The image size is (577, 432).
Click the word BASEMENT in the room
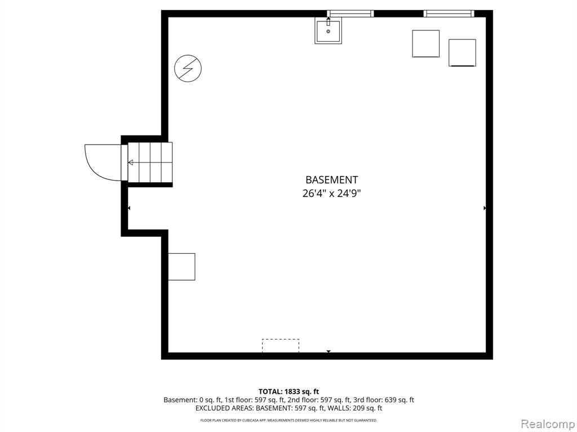click(x=331, y=179)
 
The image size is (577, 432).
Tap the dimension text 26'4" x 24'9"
click(x=331, y=193)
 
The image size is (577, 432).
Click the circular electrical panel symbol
click(x=188, y=68)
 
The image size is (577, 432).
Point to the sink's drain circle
click(x=329, y=31)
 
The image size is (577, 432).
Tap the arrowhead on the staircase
click(x=131, y=163)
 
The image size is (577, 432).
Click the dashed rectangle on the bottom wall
click(x=281, y=346)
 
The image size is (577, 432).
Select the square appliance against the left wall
click(x=182, y=267)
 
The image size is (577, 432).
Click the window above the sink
click(x=350, y=13)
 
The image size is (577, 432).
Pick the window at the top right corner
click(x=449, y=13)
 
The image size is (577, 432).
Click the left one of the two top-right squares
click(x=426, y=44)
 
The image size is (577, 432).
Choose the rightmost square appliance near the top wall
click(x=462, y=53)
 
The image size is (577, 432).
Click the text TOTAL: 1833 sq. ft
click(x=288, y=391)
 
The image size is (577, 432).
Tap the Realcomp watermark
click(x=548, y=424)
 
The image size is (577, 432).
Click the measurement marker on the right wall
click(x=485, y=208)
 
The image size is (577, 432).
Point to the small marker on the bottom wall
click(x=329, y=352)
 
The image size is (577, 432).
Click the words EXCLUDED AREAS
click(x=224, y=408)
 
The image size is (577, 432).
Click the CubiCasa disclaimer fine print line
click(x=288, y=420)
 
